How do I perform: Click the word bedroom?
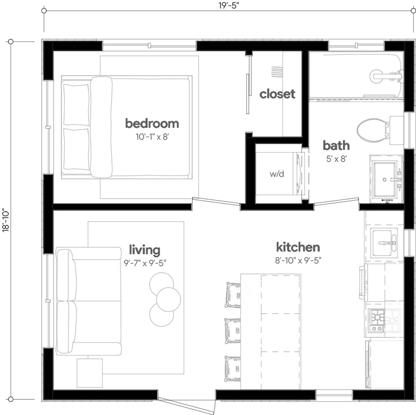152,123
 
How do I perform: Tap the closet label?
277,94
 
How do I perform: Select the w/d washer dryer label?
277,174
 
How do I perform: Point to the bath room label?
336,146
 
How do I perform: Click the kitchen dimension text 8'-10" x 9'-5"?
298,260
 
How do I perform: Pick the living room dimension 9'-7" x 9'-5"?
145,263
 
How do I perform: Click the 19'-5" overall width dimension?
229,6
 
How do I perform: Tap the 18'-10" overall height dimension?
6,221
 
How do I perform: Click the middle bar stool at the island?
233,330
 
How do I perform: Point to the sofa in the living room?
88,301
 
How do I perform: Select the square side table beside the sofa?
90,372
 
